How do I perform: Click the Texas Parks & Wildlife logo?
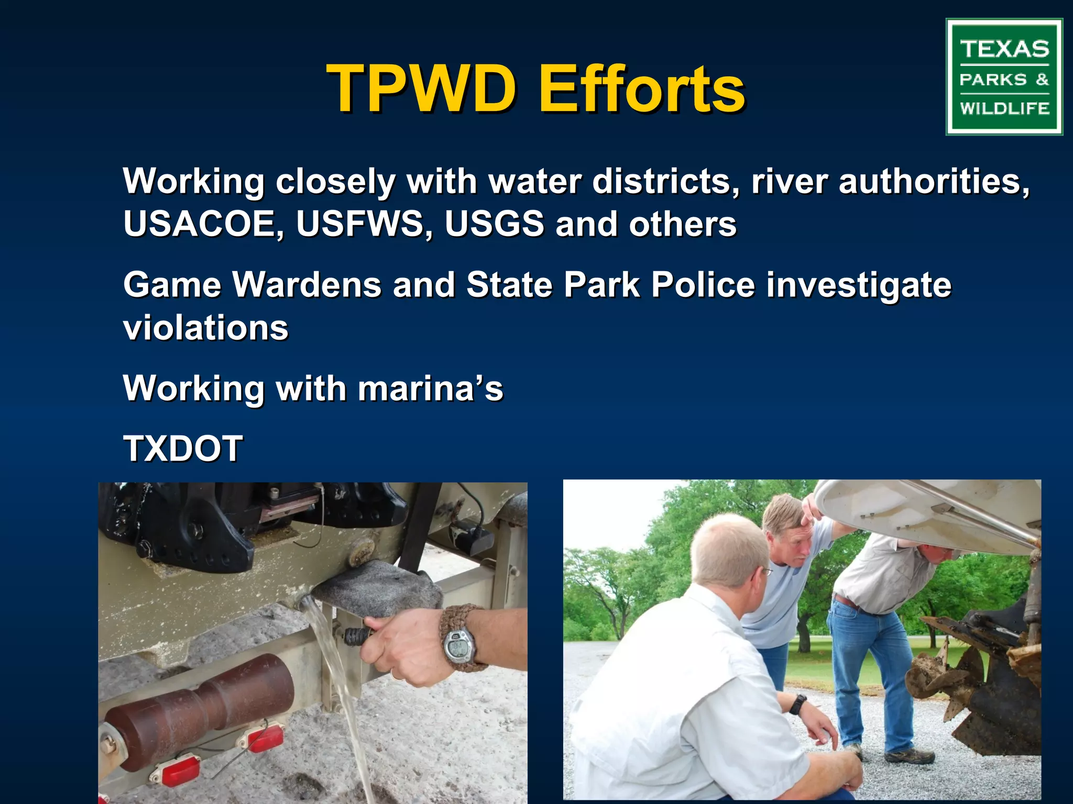click(1004, 77)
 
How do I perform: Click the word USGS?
click(494, 224)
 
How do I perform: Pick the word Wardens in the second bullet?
click(307, 285)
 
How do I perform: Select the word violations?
click(206, 328)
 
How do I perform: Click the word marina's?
click(430, 388)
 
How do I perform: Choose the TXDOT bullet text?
click(183, 449)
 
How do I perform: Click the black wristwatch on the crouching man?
click(797, 704)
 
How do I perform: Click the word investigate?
click(859, 285)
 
